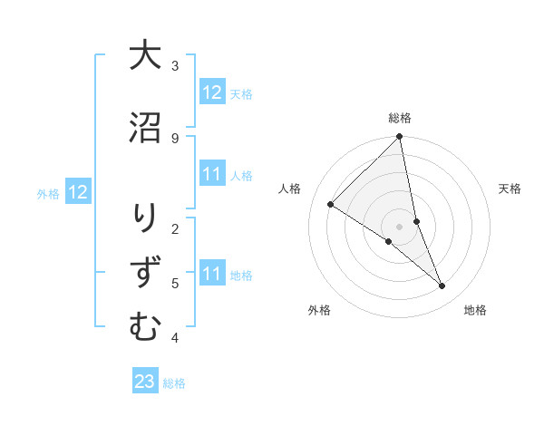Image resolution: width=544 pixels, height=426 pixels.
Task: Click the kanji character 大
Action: [x=144, y=55]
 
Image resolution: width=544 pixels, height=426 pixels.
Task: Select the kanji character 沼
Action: [x=144, y=127]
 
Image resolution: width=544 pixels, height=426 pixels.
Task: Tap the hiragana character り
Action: [x=144, y=218]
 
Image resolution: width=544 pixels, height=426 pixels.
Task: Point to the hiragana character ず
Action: [x=144, y=273]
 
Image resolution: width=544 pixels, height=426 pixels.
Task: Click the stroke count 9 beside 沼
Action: [x=175, y=138]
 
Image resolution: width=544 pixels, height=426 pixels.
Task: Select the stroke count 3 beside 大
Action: [x=175, y=65]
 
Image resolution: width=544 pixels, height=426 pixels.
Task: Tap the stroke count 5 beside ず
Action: [x=175, y=283]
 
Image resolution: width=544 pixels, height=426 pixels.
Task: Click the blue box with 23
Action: [x=145, y=382]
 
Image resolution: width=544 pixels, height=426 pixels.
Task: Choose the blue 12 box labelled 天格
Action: [x=212, y=92]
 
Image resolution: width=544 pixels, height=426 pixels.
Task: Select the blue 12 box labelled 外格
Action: [x=77, y=192]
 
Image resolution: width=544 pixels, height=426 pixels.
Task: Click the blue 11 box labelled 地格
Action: [x=212, y=274]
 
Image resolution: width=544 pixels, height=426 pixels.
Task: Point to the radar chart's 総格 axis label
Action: [x=400, y=118]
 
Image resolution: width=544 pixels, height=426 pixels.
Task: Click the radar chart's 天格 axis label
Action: [x=510, y=189]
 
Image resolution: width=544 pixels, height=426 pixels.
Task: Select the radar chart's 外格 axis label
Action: [x=319, y=310]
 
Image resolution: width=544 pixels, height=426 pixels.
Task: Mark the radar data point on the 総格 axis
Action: [x=400, y=137]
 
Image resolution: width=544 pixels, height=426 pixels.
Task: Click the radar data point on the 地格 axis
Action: [x=442, y=286]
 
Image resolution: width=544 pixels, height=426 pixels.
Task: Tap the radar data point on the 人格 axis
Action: [x=331, y=204]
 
